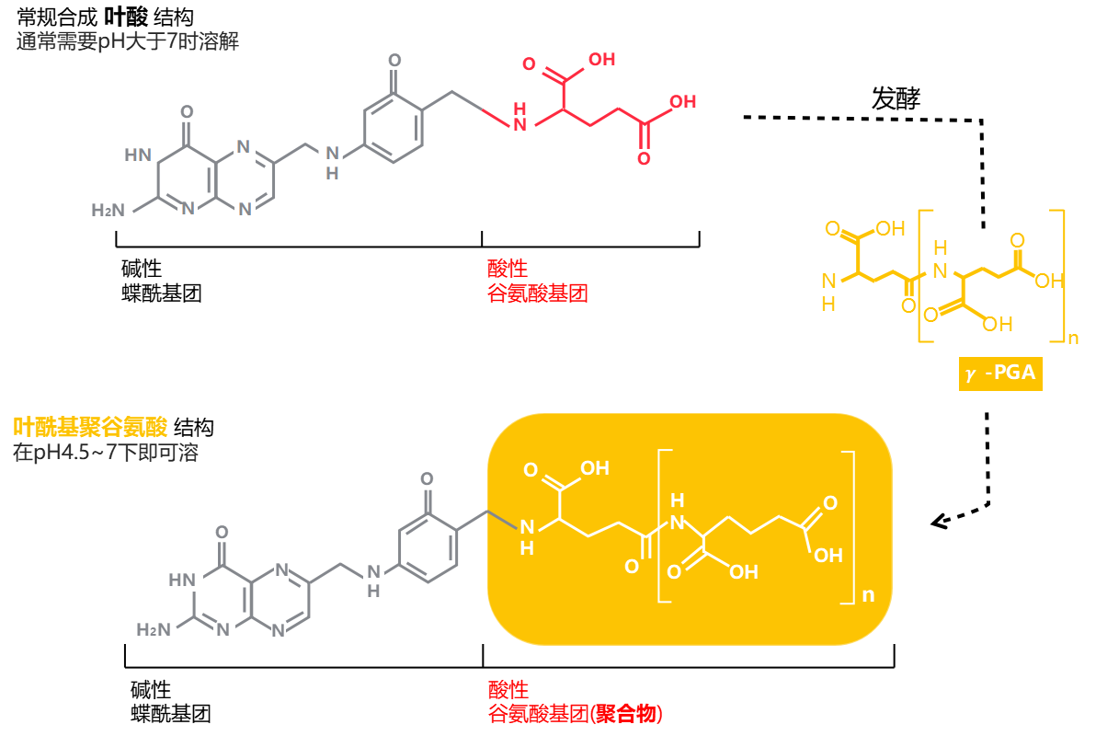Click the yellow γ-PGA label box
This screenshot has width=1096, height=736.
tap(1000, 374)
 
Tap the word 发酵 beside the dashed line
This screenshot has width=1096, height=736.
tap(896, 98)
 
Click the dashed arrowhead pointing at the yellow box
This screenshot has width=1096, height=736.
tap(940, 522)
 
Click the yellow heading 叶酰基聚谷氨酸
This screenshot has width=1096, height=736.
tap(90, 427)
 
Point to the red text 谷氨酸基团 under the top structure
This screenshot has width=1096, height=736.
tap(537, 293)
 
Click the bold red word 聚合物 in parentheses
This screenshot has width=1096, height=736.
tap(629, 714)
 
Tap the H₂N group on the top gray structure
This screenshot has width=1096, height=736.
tap(108, 211)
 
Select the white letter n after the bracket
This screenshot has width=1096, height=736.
tap(868, 595)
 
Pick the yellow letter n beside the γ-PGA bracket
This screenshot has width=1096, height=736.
tap(1072, 339)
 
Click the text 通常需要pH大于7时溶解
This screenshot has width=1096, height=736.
tap(128, 41)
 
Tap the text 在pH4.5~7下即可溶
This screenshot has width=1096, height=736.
tap(105, 453)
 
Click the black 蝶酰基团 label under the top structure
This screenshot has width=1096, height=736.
tap(161, 293)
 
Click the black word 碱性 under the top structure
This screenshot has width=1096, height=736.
tap(142, 269)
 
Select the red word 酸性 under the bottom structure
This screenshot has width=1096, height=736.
tap(508, 690)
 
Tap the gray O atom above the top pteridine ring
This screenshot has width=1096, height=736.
tap(188, 114)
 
